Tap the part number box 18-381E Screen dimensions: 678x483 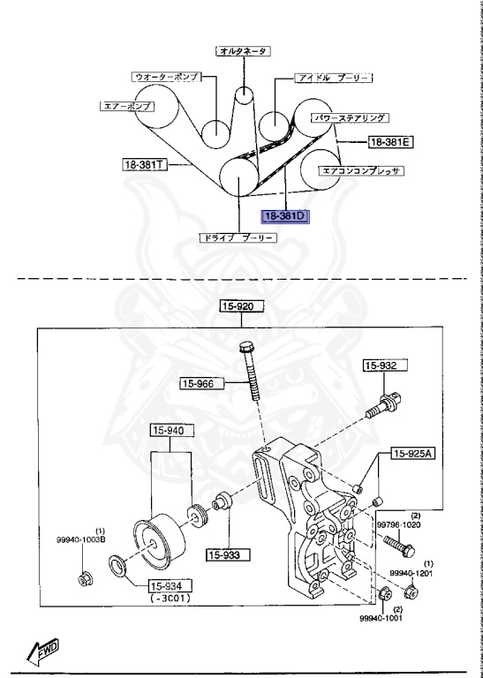[x=391, y=141]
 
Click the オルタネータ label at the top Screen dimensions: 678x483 [x=243, y=51]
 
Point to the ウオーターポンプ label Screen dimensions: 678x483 [x=165, y=77]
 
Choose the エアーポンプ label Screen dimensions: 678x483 [x=126, y=106]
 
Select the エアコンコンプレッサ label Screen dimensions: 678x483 [x=361, y=171]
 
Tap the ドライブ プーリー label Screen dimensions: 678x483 [x=238, y=237]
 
